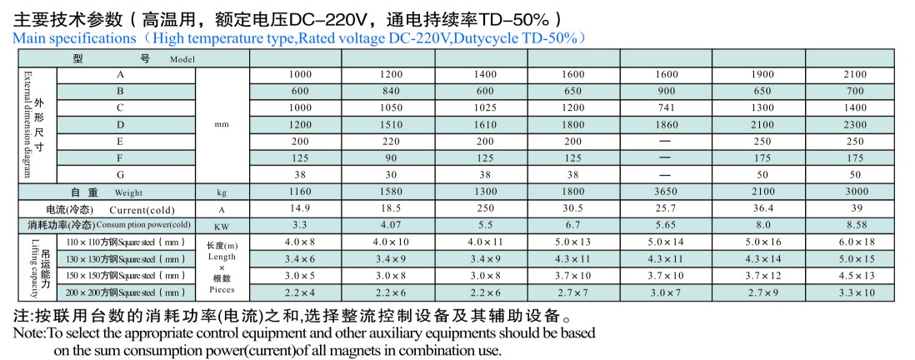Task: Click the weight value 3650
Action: [663, 192]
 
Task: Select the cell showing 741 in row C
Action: [663, 107]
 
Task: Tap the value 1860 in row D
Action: [663, 125]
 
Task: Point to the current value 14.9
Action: [300, 209]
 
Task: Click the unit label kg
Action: [221, 192]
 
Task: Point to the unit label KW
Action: [221, 226]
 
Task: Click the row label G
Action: [121, 175]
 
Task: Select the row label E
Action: [121, 142]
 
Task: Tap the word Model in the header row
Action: [182, 60]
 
